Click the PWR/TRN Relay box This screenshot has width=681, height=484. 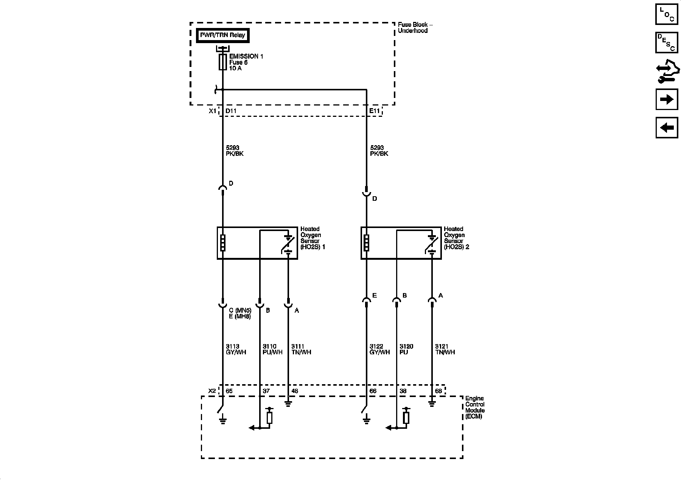(223, 35)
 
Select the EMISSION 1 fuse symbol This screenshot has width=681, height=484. (223, 62)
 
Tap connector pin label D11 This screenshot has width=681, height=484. (231, 111)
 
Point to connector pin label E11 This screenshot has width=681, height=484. (374, 111)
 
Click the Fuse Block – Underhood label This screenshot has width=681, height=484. (415, 28)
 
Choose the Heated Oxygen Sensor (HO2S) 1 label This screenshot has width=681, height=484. (313, 238)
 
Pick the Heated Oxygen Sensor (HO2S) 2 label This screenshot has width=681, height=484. (456, 238)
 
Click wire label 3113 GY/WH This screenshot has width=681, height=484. (236, 349)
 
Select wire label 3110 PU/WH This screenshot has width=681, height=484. (272, 349)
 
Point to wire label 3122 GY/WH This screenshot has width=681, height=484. (379, 349)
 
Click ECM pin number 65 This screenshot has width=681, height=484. (229, 391)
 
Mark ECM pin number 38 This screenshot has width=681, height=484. (403, 391)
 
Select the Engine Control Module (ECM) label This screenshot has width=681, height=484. (474, 407)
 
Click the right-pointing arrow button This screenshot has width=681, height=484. (667, 99)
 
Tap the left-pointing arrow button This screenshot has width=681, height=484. (667, 127)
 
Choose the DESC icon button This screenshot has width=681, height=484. (667, 43)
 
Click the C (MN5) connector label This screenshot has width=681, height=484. (240, 310)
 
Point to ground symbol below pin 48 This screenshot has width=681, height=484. (288, 404)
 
